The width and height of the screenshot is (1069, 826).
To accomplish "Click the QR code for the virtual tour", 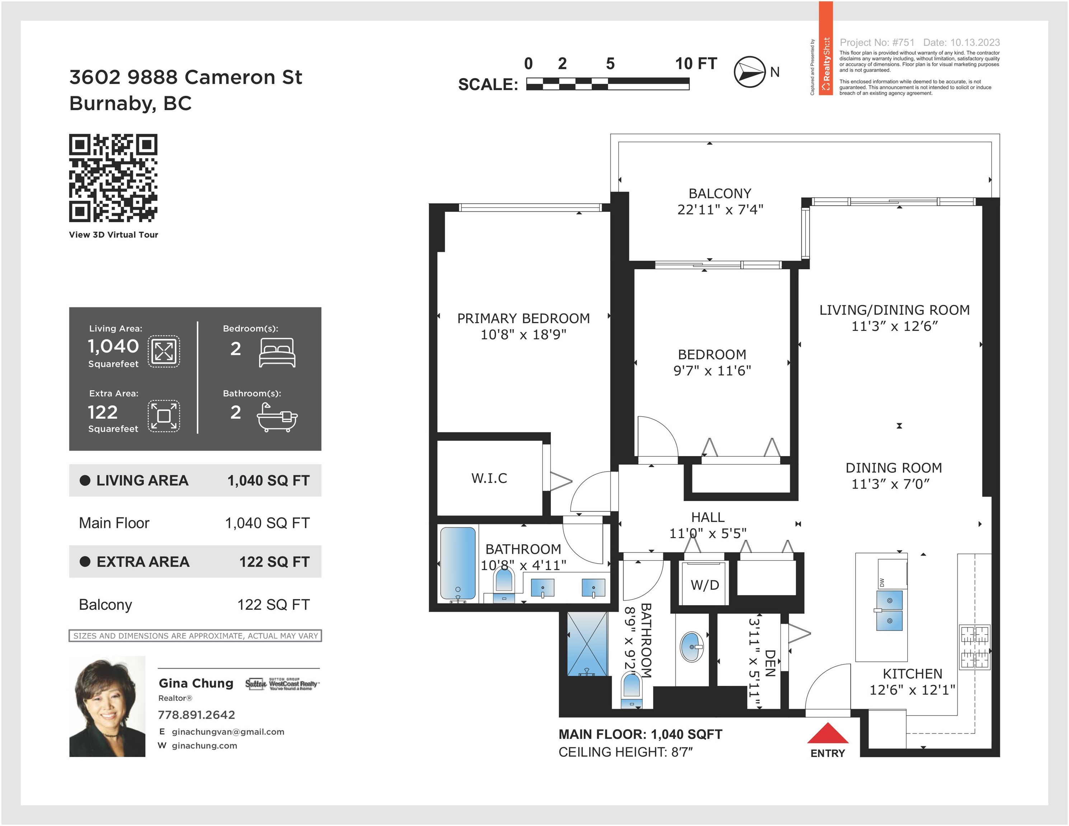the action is coord(113,178).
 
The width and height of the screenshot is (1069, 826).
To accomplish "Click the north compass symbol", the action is coord(749,72).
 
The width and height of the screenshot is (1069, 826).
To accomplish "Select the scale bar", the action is coord(608,84).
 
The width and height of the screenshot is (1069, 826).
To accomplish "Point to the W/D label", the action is coord(705,585).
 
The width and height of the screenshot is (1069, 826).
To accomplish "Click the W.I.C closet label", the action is coord(489,478).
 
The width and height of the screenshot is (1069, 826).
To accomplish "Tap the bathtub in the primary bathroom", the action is coord(458,563).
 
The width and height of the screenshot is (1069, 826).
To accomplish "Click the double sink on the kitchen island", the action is coord(889,610).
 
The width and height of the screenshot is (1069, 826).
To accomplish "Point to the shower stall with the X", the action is coord(587,644).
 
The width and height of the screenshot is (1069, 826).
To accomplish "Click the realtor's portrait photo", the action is coord(107,707).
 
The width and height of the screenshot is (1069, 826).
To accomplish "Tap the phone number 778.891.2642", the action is coord(196,715).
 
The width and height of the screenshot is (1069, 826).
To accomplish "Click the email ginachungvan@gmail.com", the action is coord(228,732).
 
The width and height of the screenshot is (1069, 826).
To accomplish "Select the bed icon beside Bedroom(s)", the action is coord(277,353).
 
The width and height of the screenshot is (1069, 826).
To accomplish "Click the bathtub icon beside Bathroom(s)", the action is coord(277,418).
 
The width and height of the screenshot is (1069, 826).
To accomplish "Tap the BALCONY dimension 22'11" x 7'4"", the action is coord(720,210).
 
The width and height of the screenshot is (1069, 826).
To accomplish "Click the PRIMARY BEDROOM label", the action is coord(523,318).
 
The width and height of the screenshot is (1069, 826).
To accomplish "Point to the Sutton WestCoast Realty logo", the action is coord(282,684).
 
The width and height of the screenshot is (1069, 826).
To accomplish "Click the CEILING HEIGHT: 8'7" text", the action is coord(625,752).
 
